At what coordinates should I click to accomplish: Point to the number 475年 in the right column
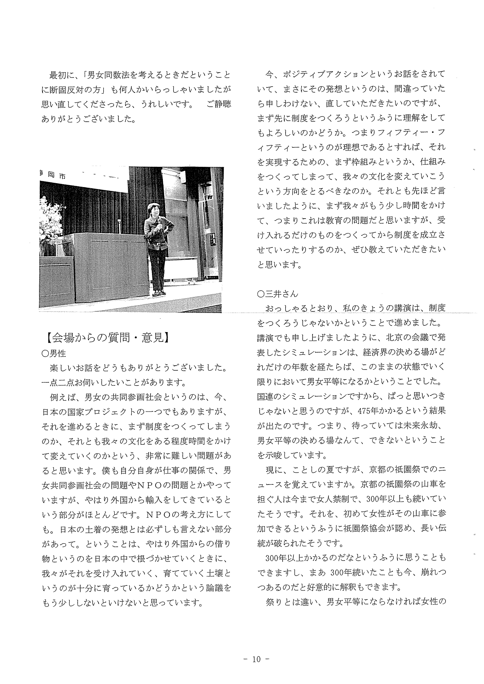371,411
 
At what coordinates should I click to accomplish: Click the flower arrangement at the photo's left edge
50,222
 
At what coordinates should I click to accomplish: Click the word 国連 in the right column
266,396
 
